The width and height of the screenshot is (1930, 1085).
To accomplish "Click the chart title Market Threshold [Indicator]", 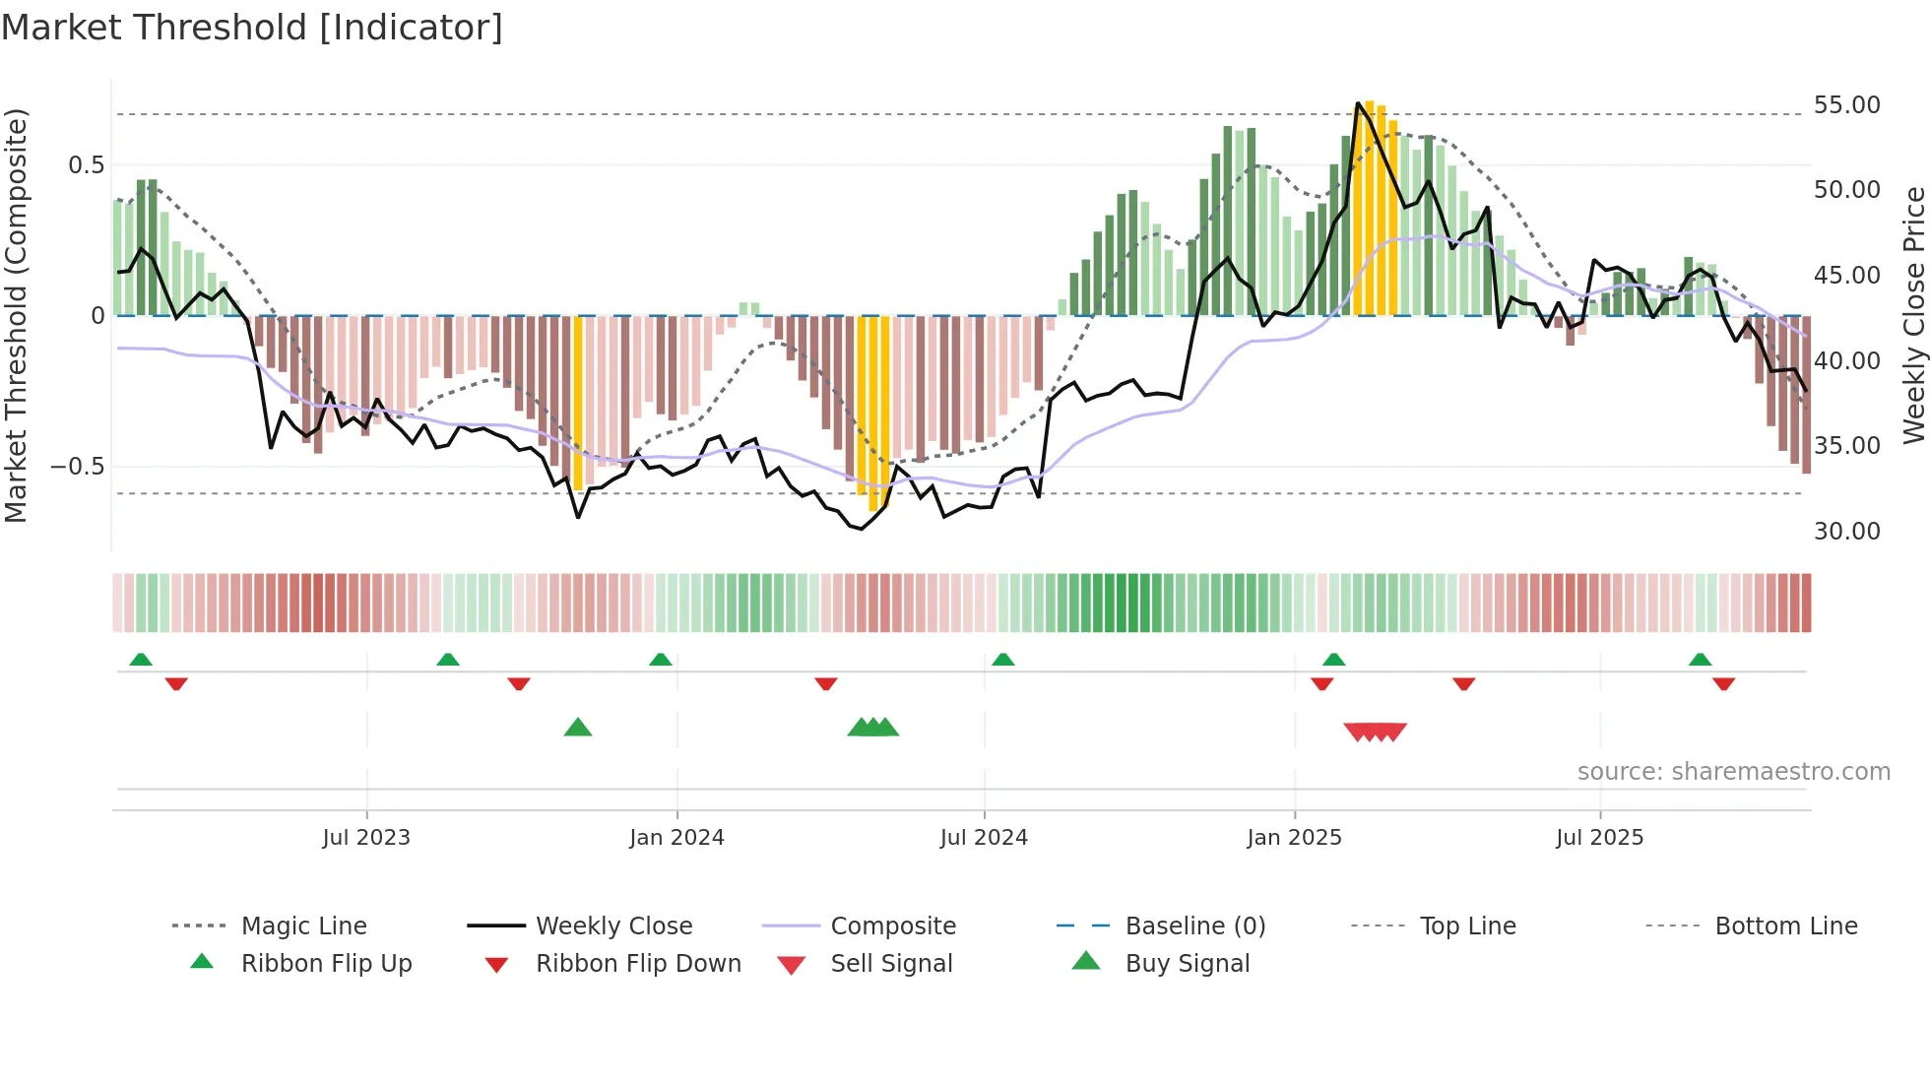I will pos(252,28).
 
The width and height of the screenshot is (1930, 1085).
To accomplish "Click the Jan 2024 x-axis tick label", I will pos(676,838).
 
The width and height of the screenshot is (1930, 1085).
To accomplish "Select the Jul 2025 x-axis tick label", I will pos(1599,838).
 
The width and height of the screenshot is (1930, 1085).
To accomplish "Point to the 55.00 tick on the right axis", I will pos(1846,105).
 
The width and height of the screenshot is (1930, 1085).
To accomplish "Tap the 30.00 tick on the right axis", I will pos(1846,532).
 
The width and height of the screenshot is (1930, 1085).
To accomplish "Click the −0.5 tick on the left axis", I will pos(78,467).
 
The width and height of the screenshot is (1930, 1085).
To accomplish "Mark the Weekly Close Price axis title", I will pos(1913,315).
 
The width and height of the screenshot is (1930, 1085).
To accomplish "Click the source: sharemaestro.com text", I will pos(1733,772).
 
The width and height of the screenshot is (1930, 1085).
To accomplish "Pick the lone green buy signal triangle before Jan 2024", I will pos(578,728).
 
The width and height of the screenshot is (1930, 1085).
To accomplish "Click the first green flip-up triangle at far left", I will pos(141,660).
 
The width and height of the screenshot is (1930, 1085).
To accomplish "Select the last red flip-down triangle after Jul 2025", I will pos(1723,683).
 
